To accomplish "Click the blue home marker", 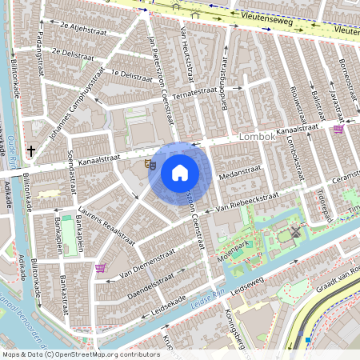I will pyautogui.click(x=180, y=172).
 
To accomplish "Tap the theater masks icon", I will pyautogui.click(x=150, y=164).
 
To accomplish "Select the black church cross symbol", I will pyautogui.click(x=30, y=150).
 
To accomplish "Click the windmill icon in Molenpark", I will pyautogui.click(x=295, y=232).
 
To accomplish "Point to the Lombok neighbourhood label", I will pyautogui.click(x=257, y=138).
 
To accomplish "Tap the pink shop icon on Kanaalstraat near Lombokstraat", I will pyautogui.click(x=338, y=129).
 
